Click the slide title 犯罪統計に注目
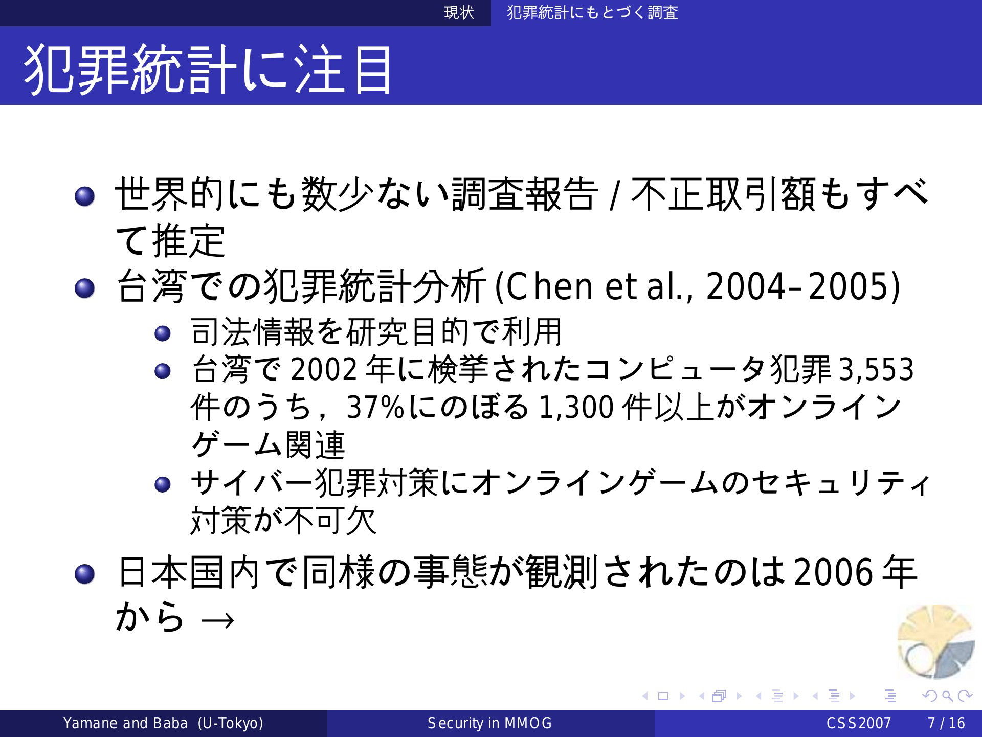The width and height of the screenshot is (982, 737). (x=208, y=70)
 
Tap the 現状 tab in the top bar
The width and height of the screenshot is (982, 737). (x=459, y=12)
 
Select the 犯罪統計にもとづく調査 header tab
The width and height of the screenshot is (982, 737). (x=592, y=12)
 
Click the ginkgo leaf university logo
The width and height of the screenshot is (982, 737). (x=936, y=642)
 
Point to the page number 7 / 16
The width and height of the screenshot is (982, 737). (x=946, y=723)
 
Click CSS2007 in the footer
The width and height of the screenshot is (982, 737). (x=859, y=723)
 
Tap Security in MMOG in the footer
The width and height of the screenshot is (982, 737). (x=489, y=723)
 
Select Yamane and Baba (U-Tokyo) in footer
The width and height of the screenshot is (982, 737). (x=163, y=723)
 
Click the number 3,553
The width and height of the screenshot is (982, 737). (x=876, y=369)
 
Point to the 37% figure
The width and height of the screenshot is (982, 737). (x=375, y=407)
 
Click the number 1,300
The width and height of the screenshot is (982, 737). (x=576, y=407)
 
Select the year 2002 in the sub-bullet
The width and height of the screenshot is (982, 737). (x=324, y=369)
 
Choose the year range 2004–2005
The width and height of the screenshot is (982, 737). (x=800, y=286)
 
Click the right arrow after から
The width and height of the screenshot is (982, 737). (x=218, y=620)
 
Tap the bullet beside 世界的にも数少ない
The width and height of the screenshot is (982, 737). (x=84, y=196)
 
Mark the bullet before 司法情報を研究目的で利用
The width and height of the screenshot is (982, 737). (x=162, y=333)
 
